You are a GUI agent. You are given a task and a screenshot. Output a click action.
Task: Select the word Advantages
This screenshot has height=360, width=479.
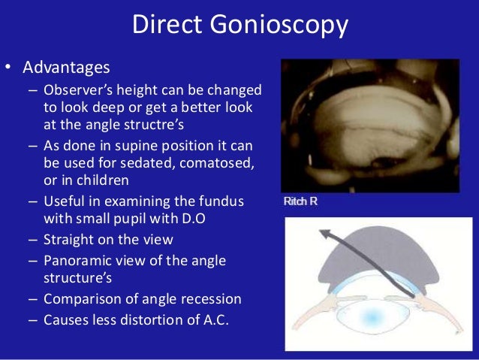coord(66,68)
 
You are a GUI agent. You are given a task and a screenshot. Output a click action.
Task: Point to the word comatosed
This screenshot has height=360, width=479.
coord(213,162)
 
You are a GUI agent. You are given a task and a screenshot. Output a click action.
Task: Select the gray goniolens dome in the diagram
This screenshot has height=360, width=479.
coord(373,256)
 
